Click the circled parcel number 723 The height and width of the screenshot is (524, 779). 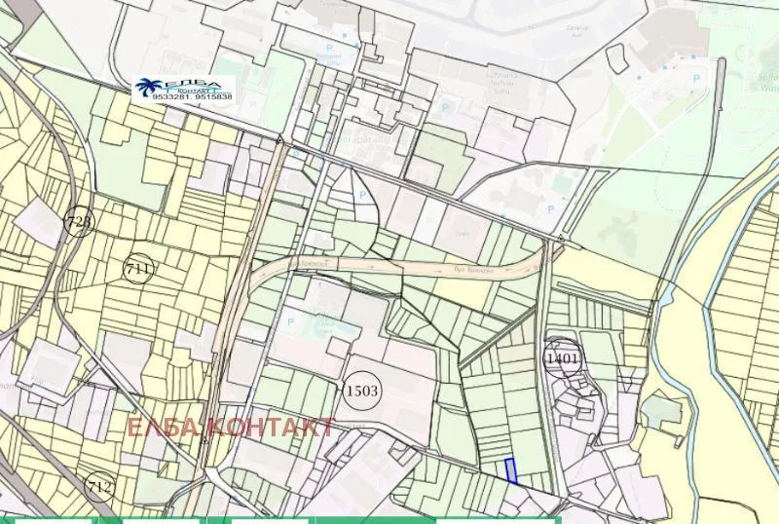pos(80,222)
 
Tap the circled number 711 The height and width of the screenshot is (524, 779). pos(139,268)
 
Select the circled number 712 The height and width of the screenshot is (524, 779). pos(99,486)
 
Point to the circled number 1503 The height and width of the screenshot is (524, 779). pos(362,391)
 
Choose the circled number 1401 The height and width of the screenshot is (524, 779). pos(563,358)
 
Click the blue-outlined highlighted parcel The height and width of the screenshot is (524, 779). pos(510,469)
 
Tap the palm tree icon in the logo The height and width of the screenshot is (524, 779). pos(153,88)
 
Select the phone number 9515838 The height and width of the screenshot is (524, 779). pos(213,97)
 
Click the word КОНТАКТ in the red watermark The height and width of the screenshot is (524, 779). pos(273,427)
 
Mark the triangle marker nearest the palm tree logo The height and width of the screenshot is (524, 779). pos(280,141)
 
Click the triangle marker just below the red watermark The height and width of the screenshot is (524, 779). pos(204,441)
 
